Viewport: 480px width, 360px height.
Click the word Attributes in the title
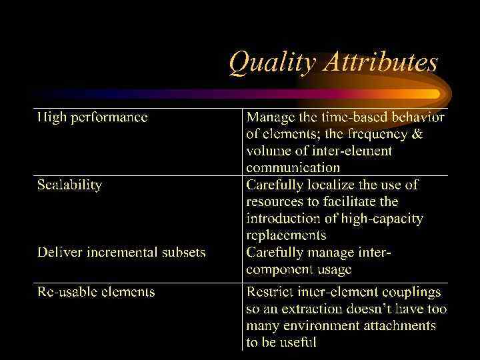(x=380, y=62)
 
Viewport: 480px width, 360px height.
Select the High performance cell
(x=92, y=118)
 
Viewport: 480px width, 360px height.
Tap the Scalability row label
(x=69, y=185)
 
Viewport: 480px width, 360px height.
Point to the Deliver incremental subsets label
(x=121, y=253)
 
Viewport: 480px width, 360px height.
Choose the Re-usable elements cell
(x=96, y=292)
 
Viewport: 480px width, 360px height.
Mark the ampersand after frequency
(x=417, y=134)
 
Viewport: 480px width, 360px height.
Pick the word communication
(x=293, y=168)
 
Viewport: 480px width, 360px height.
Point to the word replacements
(x=286, y=235)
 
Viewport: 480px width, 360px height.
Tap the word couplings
(x=407, y=292)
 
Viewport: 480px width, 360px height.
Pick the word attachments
(x=396, y=325)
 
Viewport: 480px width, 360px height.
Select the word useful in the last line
(x=298, y=342)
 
